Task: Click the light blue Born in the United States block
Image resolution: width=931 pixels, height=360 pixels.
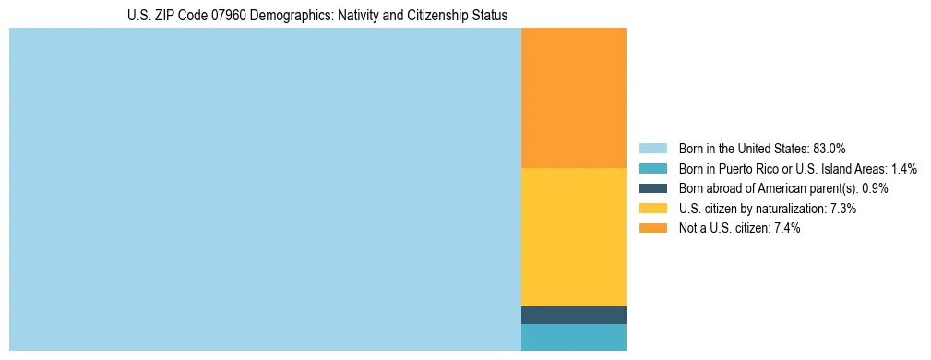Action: pyautogui.click(x=265, y=189)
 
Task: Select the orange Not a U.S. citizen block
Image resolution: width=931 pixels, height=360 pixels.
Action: pyautogui.click(x=573, y=98)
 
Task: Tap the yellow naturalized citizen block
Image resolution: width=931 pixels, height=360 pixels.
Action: pyautogui.click(x=573, y=236)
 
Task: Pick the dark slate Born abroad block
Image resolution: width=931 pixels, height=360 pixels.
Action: pyautogui.click(x=573, y=315)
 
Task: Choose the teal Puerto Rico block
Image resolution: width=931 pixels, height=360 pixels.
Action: pyautogui.click(x=573, y=337)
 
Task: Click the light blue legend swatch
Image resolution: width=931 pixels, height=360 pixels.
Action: pyautogui.click(x=652, y=148)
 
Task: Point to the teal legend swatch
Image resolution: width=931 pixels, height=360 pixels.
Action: pyautogui.click(x=652, y=168)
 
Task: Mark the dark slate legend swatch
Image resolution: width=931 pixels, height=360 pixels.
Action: pyautogui.click(x=652, y=188)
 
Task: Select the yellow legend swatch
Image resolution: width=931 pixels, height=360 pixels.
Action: pyautogui.click(x=652, y=209)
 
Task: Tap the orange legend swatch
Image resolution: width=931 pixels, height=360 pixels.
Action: pyautogui.click(x=652, y=229)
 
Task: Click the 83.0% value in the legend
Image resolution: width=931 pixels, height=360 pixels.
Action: pyautogui.click(x=830, y=148)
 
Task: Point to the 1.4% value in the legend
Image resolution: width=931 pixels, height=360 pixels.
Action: pyautogui.click(x=903, y=168)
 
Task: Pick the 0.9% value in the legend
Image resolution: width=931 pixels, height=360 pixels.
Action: pyautogui.click(x=875, y=188)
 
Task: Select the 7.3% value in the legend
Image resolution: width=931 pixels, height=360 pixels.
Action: pyautogui.click(x=843, y=209)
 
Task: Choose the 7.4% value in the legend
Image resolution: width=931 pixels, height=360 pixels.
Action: pyautogui.click(x=787, y=229)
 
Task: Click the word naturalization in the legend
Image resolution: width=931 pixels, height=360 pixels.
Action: pyautogui.click(x=786, y=209)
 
